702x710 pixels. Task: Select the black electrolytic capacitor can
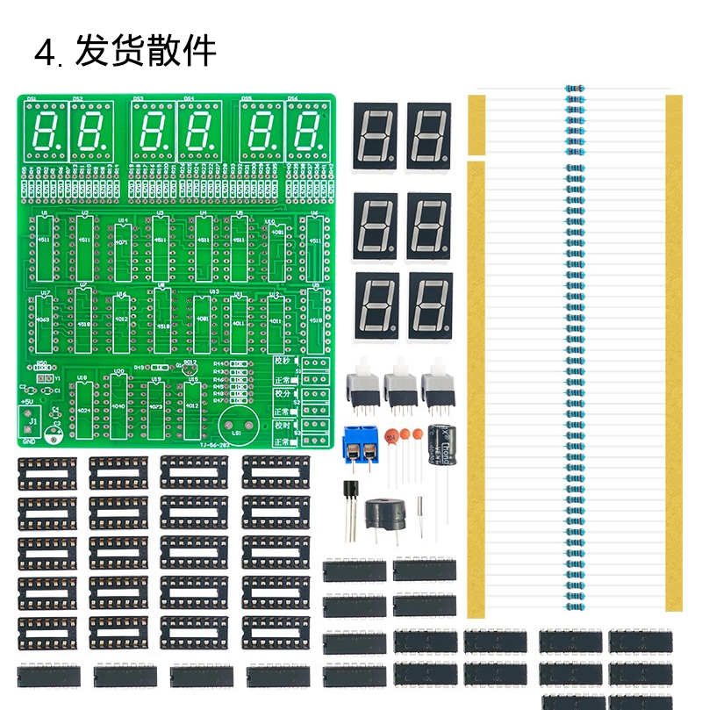point(440,447)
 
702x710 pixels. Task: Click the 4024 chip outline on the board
point(83,408)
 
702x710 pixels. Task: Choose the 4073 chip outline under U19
point(156,408)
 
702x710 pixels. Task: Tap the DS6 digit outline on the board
point(307,130)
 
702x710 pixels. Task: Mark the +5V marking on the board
point(27,402)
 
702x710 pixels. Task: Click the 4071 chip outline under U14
point(121,241)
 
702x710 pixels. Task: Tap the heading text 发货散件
point(146,52)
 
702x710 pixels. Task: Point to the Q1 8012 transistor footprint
point(189,370)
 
